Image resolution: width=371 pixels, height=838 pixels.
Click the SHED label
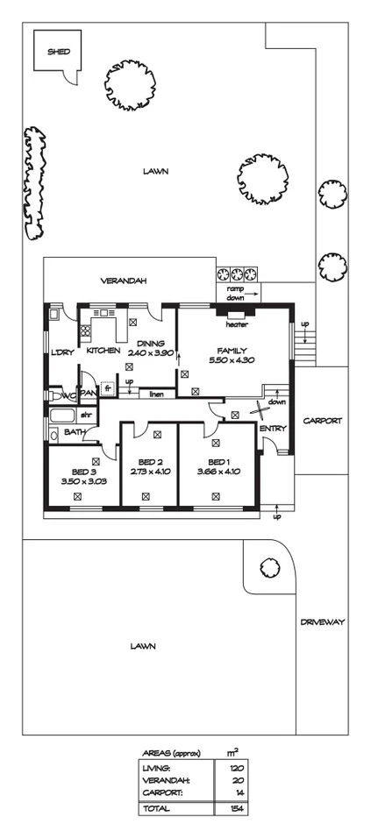59,52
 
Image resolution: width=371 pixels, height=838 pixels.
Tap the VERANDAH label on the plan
123,281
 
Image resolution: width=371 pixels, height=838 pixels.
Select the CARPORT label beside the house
322,421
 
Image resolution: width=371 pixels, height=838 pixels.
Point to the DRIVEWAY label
322,621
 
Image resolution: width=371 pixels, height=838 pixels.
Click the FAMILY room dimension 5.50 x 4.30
232,360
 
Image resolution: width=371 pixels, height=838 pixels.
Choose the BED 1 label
219,461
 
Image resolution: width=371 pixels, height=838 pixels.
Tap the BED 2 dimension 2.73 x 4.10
151,472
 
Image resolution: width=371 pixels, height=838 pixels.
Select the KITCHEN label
103,351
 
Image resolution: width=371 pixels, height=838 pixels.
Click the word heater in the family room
237,324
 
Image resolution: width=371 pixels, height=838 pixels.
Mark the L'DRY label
61,353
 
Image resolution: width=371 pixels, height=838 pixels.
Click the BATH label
74,431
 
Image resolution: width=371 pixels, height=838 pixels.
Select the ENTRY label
273,428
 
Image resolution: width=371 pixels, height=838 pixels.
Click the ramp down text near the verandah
236,293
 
